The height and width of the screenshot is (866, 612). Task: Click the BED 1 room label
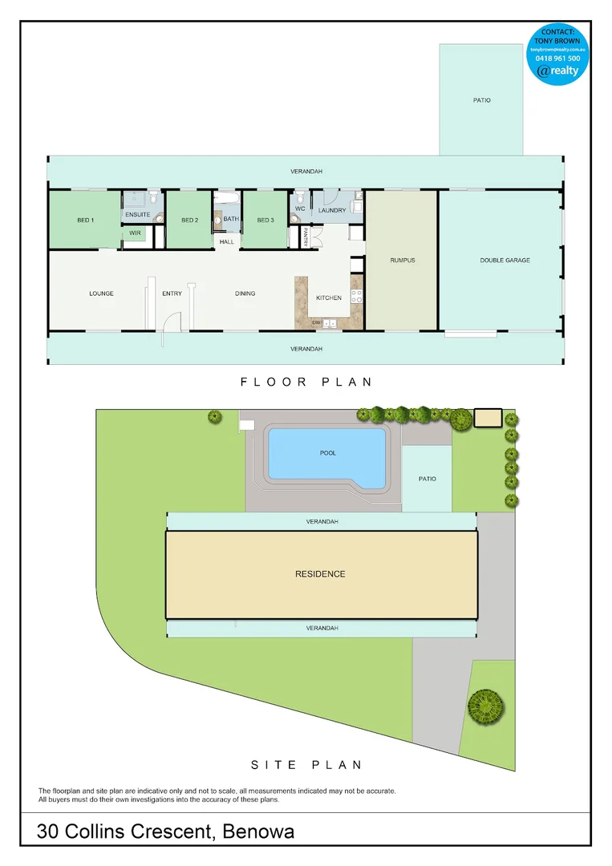click(x=85, y=221)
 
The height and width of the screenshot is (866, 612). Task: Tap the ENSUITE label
click(x=137, y=214)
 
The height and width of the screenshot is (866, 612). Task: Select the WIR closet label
click(x=135, y=233)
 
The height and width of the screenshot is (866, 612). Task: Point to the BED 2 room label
click(x=189, y=221)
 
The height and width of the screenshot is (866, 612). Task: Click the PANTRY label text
click(x=306, y=237)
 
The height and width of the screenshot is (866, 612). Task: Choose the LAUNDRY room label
click(x=331, y=211)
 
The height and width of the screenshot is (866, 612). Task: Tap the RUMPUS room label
click(x=402, y=261)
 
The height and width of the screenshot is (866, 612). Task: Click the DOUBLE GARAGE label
click(x=505, y=261)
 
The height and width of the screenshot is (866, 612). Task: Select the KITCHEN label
click(x=329, y=297)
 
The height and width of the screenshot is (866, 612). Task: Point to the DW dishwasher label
click(x=316, y=322)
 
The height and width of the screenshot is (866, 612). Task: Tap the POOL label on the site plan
click(x=327, y=453)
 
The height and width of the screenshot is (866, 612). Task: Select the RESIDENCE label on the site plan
click(x=320, y=574)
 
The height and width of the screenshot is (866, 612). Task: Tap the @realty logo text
click(x=558, y=71)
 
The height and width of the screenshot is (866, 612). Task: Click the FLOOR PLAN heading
click(x=306, y=382)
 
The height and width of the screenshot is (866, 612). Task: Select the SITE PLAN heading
click(x=306, y=765)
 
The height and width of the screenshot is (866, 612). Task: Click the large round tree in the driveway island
click(x=485, y=706)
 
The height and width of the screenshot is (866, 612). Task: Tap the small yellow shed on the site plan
click(x=488, y=418)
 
